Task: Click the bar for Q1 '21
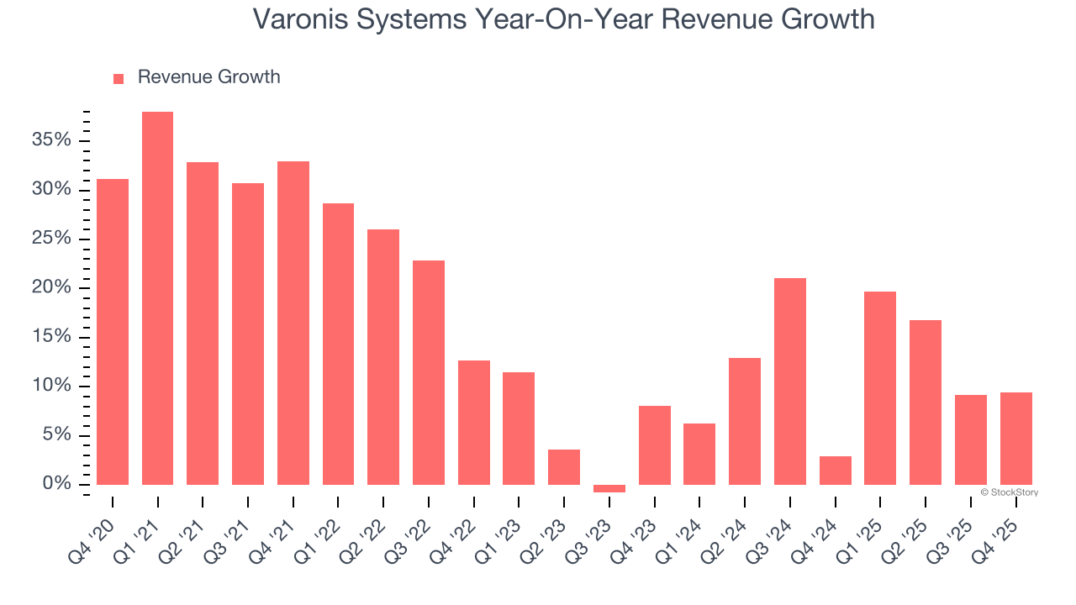(x=157, y=298)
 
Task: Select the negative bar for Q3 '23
(x=609, y=488)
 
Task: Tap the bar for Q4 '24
(x=835, y=471)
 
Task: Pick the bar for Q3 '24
(x=790, y=381)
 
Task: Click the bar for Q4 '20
(x=113, y=332)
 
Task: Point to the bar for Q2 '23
(x=564, y=467)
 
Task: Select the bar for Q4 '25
(x=1015, y=439)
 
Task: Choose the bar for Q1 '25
(x=880, y=388)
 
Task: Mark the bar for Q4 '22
(x=474, y=423)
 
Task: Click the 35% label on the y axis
(x=51, y=140)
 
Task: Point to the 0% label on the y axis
(x=56, y=485)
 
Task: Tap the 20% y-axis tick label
(x=51, y=288)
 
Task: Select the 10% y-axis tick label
(x=51, y=387)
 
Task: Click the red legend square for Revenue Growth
(x=119, y=78)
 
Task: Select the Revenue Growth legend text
(x=208, y=77)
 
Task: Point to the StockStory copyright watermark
(x=1009, y=492)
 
